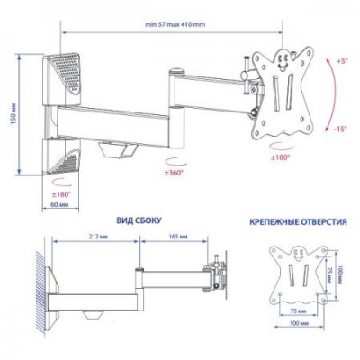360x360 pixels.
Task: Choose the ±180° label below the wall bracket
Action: (62, 193)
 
